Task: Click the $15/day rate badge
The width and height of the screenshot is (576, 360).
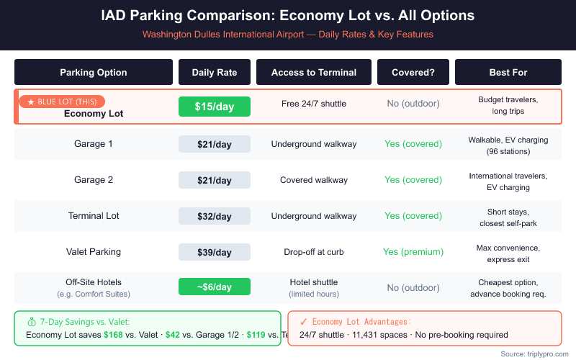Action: [x=215, y=107]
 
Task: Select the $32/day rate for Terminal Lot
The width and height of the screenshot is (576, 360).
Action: [x=215, y=216]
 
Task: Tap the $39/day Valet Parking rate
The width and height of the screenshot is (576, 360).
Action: [x=215, y=252]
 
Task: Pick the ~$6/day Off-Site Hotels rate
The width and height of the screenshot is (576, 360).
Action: [x=215, y=287]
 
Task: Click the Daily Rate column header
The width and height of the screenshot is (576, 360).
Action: [x=215, y=72]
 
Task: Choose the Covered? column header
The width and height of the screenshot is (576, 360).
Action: [x=413, y=72]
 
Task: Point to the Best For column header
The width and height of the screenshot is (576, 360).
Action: [x=508, y=72]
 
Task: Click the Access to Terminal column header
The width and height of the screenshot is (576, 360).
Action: [x=314, y=72]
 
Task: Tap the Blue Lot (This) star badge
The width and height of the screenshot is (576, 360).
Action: [x=62, y=102]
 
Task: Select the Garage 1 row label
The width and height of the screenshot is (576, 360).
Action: [x=94, y=144]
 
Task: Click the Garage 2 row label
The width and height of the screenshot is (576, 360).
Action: [x=94, y=180]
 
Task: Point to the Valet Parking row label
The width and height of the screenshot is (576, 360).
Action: [x=94, y=252]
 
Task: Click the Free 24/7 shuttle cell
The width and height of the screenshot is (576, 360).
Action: [x=314, y=104]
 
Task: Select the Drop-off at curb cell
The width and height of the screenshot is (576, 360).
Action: [x=314, y=252]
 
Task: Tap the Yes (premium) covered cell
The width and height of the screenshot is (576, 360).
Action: [x=413, y=252]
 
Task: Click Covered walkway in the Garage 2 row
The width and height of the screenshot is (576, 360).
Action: [x=314, y=180]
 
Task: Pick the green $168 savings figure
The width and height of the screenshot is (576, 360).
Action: [x=113, y=335]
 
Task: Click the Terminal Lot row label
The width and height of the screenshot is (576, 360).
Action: [x=94, y=216]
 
